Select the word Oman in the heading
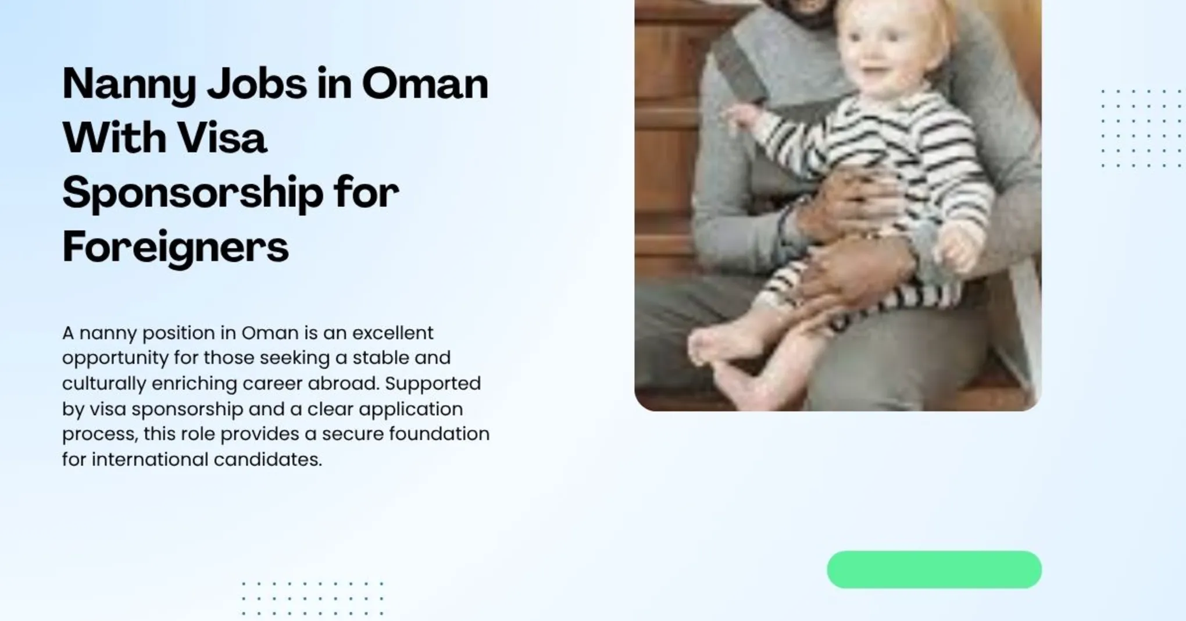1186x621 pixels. tap(425, 84)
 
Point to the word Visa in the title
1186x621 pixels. tap(222, 138)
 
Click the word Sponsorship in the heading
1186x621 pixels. tap(192, 194)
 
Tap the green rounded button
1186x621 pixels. tap(934, 569)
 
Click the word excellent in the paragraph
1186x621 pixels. tap(392, 333)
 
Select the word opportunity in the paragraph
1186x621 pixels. tap(115, 358)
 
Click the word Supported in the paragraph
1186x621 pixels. tap(433, 384)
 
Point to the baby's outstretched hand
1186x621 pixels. tap(740, 116)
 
